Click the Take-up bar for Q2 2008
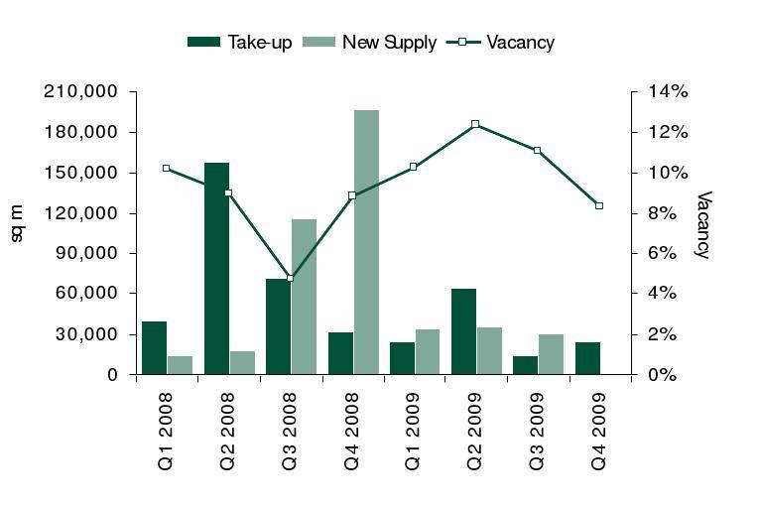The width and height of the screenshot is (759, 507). click(216, 269)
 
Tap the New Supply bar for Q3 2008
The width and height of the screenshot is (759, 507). click(304, 298)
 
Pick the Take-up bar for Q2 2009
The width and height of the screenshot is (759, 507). click(463, 332)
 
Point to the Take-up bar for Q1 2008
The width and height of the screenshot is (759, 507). click(154, 348)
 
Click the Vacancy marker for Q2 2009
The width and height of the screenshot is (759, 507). click(475, 124)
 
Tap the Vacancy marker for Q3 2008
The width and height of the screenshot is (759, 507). click(290, 278)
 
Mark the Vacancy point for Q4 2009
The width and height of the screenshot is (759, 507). click(599, 205)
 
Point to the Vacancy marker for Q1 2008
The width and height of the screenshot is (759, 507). click(166, 168)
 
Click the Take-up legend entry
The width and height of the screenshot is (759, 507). click(240, 42)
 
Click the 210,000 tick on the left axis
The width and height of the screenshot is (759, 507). click(80, 91)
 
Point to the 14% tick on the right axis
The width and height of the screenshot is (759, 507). click(669, 91)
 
